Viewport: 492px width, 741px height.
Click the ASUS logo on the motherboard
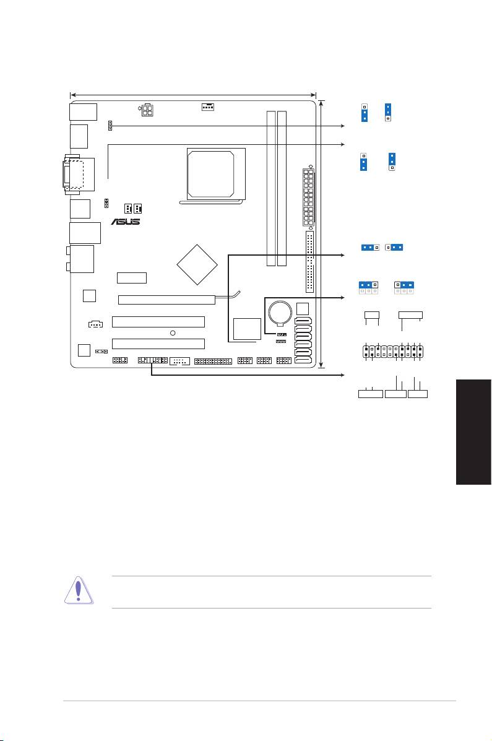[x=125, y=221]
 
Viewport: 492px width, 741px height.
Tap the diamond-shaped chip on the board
[x=197, y=265]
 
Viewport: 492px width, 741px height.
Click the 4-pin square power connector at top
[x=147, y=111]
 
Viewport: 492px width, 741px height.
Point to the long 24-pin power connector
[x=309, y=197]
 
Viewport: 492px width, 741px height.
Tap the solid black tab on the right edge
[x=473, y=431]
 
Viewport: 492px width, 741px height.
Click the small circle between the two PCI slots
[x=173, y=333]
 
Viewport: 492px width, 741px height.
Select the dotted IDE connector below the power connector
[x=309, y=262]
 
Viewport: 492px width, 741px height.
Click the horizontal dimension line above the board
[x=193, y=95]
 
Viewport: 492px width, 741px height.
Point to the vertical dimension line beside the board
[x=321, y=233]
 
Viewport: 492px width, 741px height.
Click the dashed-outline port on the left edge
[x=73, y=175]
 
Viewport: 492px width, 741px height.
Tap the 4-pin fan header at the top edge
[x=207, y=106]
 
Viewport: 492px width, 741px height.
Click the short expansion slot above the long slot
[x=132, y=278]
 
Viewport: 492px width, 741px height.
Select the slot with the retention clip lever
[x=167, y=299]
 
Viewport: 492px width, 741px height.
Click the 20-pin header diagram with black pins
[x=393, y=352]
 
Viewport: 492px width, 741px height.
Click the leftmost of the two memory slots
[x=271, y=188]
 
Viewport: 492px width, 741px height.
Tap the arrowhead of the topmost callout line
[x=343, y=126]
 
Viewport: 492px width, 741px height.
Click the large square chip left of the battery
[x=247, y=329]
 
